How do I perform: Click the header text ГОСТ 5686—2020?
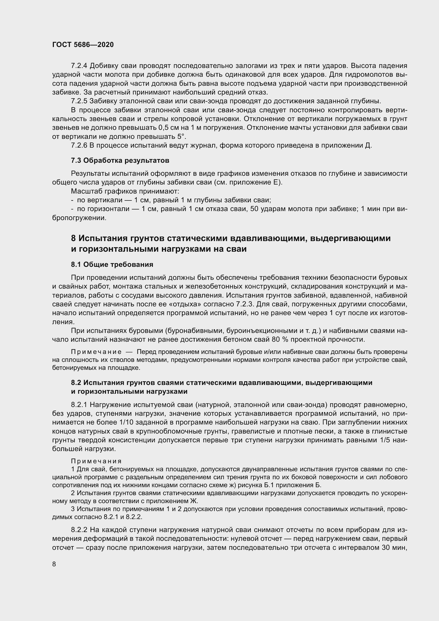[x=83, y=45]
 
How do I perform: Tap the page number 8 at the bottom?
[x=54, y=564]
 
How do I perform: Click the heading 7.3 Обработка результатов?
[x=120, y=160]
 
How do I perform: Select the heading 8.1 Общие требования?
[x=112, y=264]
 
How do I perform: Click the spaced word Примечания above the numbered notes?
[x=96, y=461]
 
